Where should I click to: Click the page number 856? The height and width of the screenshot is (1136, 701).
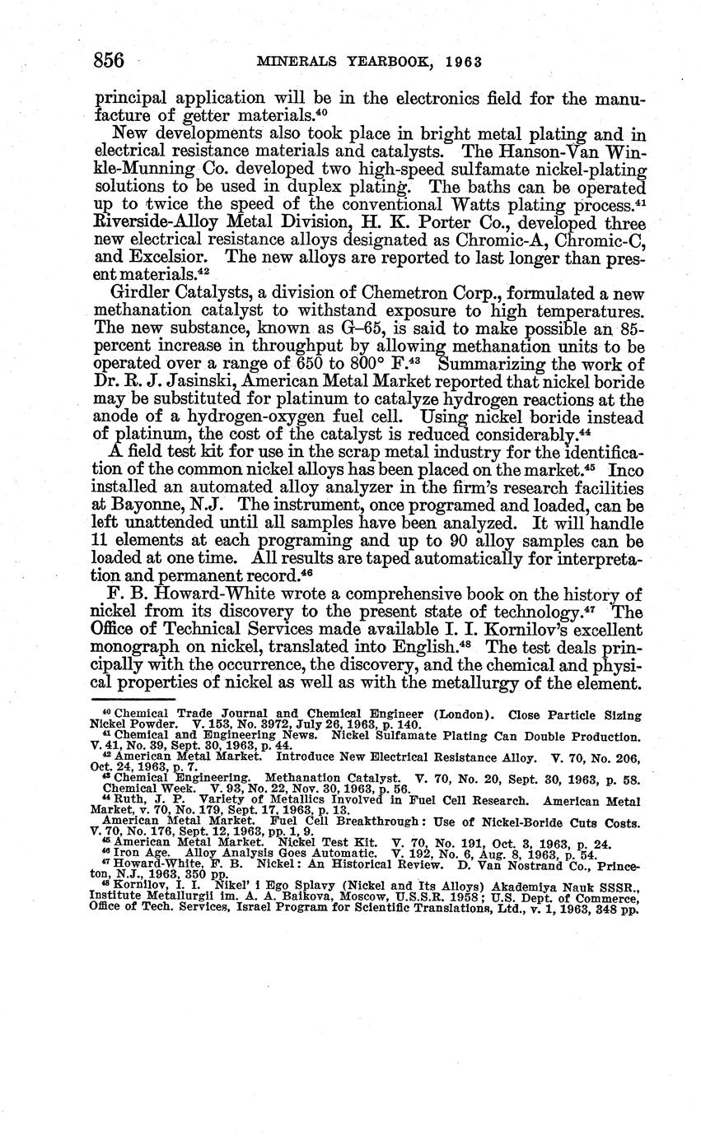[x=109, y=61]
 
